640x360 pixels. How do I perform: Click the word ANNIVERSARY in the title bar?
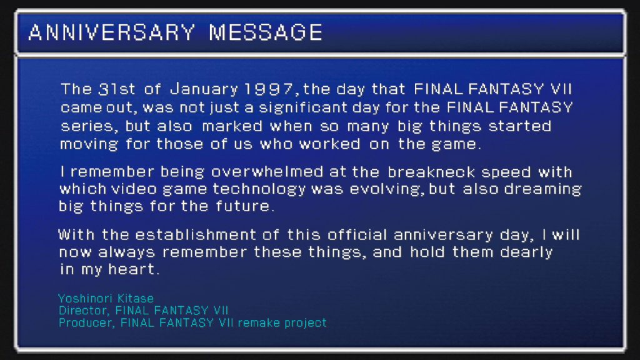point(112,32)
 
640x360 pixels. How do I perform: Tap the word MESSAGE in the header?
point(266,32)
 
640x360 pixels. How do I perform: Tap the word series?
point(89,126)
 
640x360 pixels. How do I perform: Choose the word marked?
point(232,126)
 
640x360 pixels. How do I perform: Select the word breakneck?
point(431,172)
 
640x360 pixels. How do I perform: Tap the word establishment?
point(196,235)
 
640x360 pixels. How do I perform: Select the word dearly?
point(526,252)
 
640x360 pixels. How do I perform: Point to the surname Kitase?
point(136,298)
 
